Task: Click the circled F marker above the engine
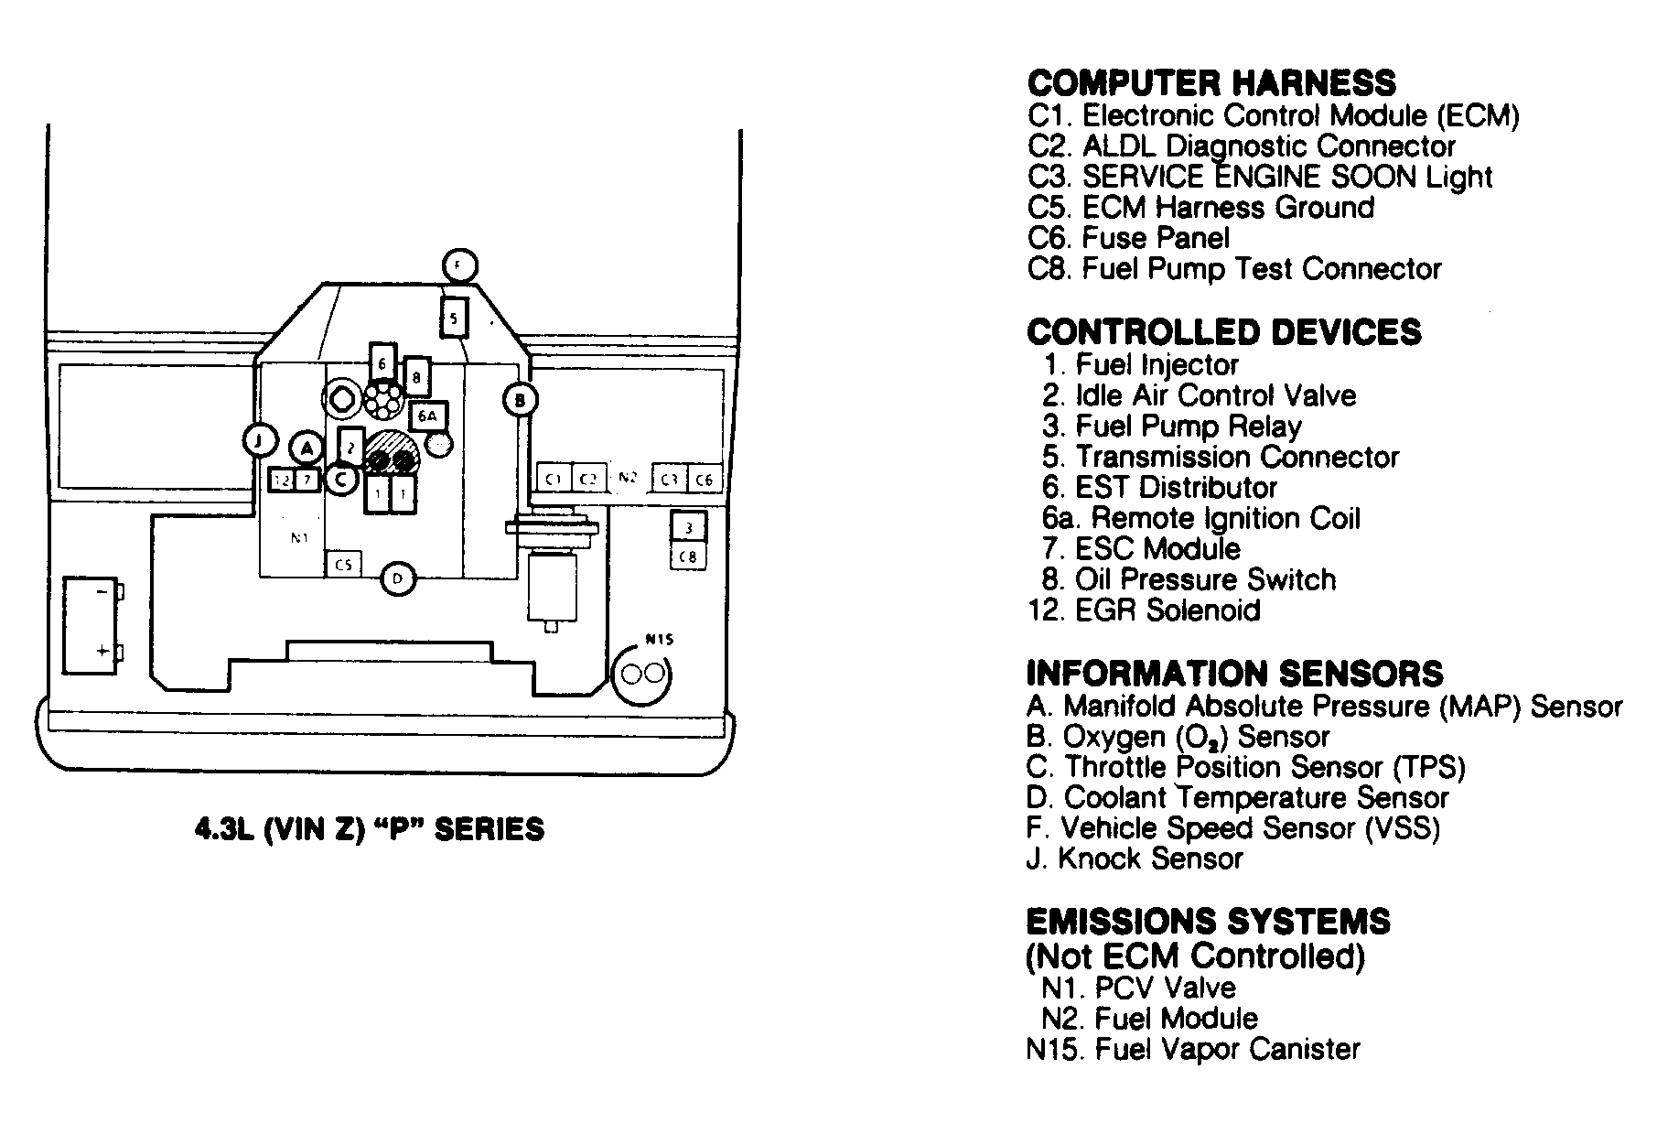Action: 458,265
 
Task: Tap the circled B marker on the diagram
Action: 520,400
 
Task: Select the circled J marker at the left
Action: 260,440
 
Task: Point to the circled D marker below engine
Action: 397,578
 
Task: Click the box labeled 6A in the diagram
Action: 427,416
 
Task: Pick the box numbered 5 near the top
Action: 454,319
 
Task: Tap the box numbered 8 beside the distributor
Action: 416,376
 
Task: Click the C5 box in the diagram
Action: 343,565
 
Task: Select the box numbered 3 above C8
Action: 688,527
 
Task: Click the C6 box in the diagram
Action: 703,480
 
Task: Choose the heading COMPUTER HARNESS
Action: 1211,83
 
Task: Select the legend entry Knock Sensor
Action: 1135,859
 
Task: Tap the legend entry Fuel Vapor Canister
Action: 1193,1049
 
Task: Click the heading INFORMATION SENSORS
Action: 1234,674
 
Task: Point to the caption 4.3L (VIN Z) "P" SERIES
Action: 370,829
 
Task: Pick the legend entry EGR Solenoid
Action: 1144,610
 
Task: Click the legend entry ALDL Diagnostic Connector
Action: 1241,146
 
